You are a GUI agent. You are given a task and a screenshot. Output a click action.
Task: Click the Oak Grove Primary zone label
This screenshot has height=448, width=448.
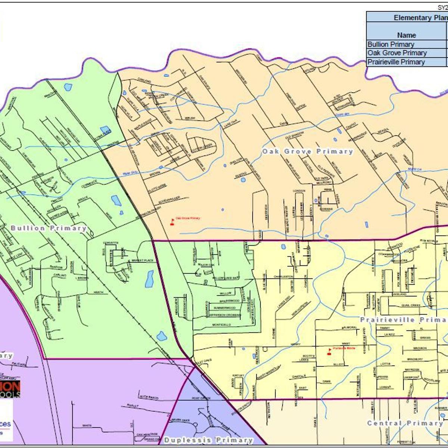point(307,151)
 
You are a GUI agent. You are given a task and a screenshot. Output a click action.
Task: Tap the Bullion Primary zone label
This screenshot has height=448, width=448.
point(49,228)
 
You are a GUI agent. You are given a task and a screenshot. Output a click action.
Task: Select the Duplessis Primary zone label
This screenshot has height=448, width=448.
point(208,440)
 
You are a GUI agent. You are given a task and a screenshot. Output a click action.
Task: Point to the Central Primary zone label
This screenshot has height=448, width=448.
point(405,423)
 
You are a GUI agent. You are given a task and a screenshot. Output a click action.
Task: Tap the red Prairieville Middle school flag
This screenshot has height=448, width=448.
point(329,351)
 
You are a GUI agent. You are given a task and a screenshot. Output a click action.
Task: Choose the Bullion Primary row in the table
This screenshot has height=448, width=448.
point(391,44)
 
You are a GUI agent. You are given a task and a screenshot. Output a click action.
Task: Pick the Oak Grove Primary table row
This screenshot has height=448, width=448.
point(397,53)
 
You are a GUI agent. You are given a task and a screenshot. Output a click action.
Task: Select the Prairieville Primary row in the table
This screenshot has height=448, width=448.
point(396,62)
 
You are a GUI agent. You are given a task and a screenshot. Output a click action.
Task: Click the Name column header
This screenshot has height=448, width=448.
point(406,35)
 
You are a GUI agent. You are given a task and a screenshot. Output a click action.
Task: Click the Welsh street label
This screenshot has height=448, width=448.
point(190,118)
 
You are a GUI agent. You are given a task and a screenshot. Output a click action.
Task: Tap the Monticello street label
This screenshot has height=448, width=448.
point(221,325)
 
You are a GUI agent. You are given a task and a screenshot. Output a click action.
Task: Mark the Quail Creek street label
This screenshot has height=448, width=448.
point(411,305)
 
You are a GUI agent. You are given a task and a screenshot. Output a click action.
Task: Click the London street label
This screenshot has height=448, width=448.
point(299,191)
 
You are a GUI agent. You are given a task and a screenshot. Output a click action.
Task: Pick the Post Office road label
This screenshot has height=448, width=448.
point(201,398)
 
